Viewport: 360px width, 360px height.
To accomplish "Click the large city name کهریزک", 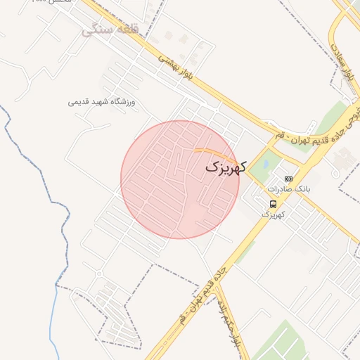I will point(226,167).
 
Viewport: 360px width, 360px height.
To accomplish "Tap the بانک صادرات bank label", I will point(288,190).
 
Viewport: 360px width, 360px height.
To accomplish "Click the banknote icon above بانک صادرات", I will point(288,179).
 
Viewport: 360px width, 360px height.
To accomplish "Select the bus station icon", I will point(273,204).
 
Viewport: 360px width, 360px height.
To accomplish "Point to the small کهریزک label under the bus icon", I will point(273,214).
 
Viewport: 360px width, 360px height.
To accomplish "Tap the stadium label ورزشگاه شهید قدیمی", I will point(101,102).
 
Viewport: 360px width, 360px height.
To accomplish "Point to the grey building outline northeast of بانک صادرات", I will point(342,160).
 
